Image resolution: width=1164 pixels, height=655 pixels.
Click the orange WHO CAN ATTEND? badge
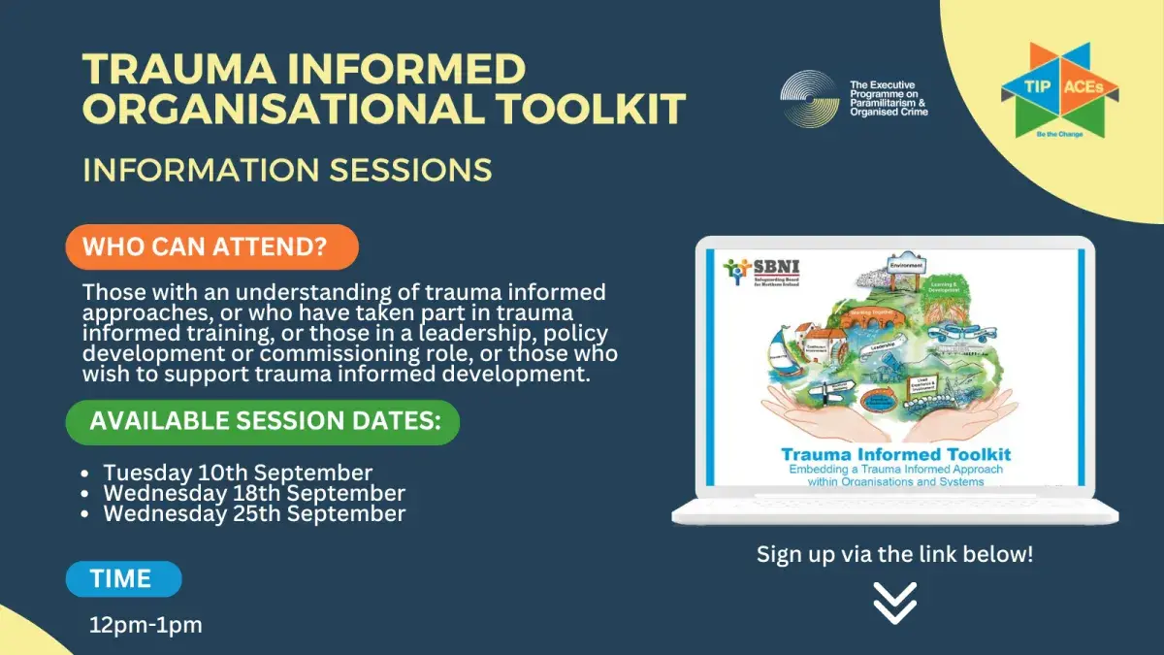(211, 246)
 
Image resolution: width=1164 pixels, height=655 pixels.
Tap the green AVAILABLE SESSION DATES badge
(262, 422)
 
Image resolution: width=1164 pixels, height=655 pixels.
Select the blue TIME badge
(122, 579)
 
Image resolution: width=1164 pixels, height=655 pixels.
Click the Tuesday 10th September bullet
(238, 474)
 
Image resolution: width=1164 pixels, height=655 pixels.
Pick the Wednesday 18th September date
(254, 494)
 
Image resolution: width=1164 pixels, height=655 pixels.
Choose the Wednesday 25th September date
(254, 514)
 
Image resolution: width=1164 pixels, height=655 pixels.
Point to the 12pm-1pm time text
(145, 625)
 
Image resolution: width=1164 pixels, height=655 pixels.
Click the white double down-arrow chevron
(894, 604)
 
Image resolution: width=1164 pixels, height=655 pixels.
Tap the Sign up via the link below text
(894, 555)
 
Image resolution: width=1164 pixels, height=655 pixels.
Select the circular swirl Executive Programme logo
(810, 99)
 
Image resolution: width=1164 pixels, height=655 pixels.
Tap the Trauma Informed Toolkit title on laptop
(896, 454)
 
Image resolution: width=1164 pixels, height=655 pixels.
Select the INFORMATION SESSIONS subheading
(287, 170)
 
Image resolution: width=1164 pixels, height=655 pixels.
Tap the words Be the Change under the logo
(1058, 133)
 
